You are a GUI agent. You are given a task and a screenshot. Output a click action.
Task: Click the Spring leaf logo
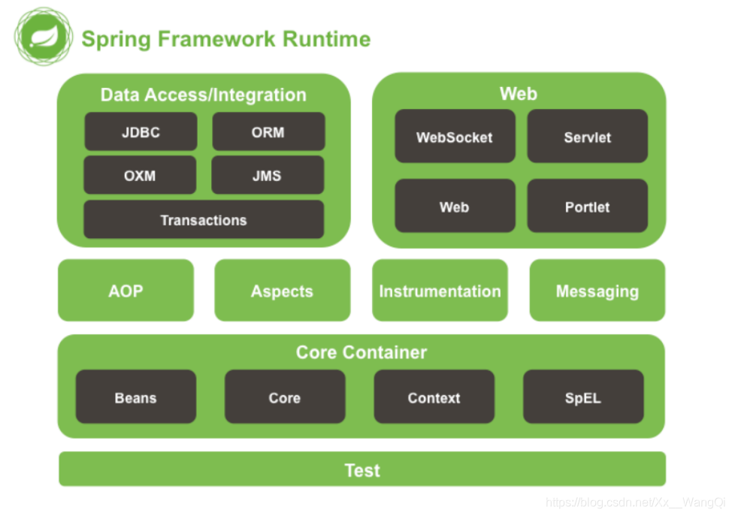[44, 36]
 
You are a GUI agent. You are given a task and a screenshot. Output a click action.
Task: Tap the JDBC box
[141, 131]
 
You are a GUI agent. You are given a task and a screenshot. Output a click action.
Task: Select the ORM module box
[268, 131]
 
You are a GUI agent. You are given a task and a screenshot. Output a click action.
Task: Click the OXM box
[140, 175]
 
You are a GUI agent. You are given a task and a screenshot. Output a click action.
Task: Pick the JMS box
[268, 175]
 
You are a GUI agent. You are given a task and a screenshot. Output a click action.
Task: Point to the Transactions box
[204, 219]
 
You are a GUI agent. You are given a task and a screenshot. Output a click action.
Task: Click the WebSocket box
[455, 136]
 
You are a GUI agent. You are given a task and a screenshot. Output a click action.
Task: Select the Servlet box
[587, 136]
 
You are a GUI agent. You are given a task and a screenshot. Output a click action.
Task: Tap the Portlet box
[587, 206]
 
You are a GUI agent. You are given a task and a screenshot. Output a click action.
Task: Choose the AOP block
[126, 290]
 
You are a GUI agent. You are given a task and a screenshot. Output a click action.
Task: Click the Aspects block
[283, 290]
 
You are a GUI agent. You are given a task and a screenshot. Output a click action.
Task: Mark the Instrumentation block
[440, 290]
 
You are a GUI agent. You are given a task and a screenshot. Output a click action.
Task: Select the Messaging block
[597, 290]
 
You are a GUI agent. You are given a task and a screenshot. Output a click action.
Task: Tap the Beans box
[136, 397]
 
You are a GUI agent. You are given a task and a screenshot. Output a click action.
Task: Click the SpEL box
[583, 397]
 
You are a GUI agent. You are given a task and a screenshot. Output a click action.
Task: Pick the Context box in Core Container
[434, 397]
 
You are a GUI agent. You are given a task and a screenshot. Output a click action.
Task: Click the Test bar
[362, 469]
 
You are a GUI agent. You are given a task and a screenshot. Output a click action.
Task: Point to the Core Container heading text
[361, 352]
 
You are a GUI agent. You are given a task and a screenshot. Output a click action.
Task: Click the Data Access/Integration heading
[204, 95]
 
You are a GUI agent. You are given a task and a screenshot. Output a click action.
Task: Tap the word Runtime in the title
[327, 39]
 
